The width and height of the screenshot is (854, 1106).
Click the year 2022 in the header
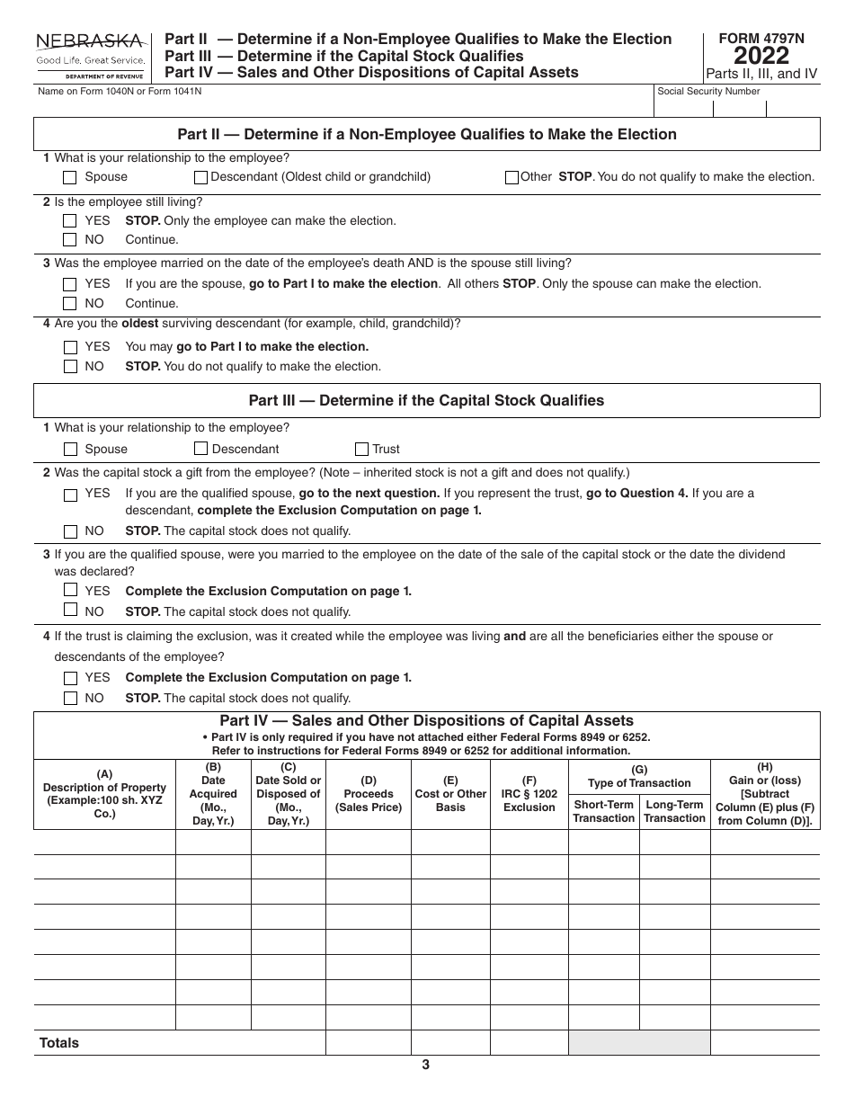tap(761, 56)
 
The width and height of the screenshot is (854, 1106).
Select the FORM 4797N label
tap(761, 39)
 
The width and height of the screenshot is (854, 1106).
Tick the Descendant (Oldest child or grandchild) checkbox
tap(200, 177)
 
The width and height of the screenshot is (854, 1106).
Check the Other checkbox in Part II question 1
tap(512, 177)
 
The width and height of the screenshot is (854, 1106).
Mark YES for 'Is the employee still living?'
tap(70, 221)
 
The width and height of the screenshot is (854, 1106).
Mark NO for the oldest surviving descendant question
tap(70, 367)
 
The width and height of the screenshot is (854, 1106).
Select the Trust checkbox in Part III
tap(361, 449)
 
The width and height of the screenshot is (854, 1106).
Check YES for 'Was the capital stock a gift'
tap(70, 494)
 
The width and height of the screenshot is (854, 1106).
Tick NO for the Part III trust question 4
tap(70, 699)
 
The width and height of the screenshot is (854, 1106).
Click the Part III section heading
tap(426, 401)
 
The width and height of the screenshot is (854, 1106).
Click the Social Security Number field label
tap(708, 92)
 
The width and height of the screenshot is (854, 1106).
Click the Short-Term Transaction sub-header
tap(603, 811)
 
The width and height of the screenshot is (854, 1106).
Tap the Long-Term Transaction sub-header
tap(674, 811)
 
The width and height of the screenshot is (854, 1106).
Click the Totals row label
tap(59, 1043)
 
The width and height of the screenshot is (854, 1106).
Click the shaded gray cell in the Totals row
tap(638, 1043)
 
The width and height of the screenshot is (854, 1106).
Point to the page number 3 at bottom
tap(426, 1066)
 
